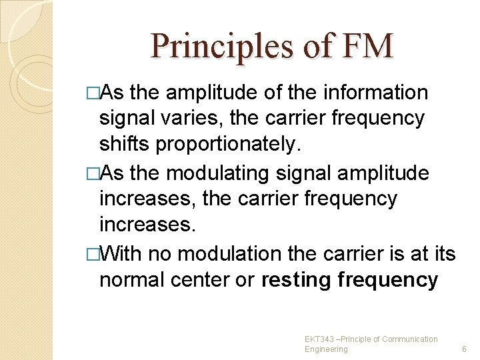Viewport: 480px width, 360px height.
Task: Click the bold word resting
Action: coord(297,280)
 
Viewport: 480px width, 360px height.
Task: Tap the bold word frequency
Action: coord(388,280)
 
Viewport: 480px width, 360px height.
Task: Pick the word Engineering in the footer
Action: coord(326,349)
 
